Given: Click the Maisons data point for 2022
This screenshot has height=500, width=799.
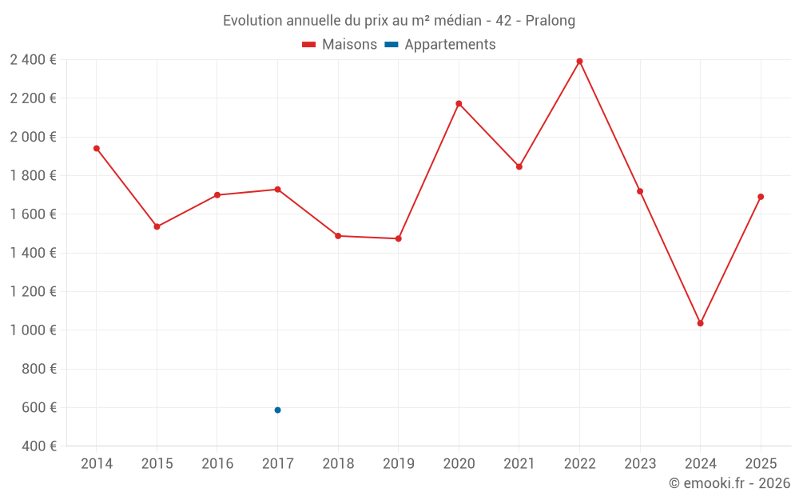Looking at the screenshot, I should [579, 61].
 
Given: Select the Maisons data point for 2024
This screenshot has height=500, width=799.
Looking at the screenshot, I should [700, 323].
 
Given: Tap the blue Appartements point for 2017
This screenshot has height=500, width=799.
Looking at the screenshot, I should [277, 410].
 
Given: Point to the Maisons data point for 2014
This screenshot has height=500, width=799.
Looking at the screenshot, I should [96, 148].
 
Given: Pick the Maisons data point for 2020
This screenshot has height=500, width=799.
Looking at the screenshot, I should [459, 103].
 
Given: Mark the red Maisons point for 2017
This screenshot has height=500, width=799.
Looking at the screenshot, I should [277, 189].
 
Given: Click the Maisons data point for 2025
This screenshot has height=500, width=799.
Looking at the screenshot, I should [761, 197].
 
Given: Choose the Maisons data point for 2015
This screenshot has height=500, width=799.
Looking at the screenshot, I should [157, 226].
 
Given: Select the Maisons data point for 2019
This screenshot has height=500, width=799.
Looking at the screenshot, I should [398, 238].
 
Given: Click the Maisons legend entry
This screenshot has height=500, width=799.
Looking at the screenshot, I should [340, 45].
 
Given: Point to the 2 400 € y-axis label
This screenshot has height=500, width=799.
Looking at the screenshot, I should [33, 59].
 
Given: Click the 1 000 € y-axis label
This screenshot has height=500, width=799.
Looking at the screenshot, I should [33, 330].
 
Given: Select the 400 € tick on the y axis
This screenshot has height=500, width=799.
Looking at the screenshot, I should [39, 446].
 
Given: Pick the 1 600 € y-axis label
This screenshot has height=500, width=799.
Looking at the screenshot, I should [33, 214].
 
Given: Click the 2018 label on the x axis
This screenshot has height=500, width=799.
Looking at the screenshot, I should [338, 464].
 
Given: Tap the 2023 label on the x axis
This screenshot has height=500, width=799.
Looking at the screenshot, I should [640, 464].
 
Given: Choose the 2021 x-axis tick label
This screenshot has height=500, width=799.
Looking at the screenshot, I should [519, 464].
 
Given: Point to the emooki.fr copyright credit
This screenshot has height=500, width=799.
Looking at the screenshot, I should [729, 483].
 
